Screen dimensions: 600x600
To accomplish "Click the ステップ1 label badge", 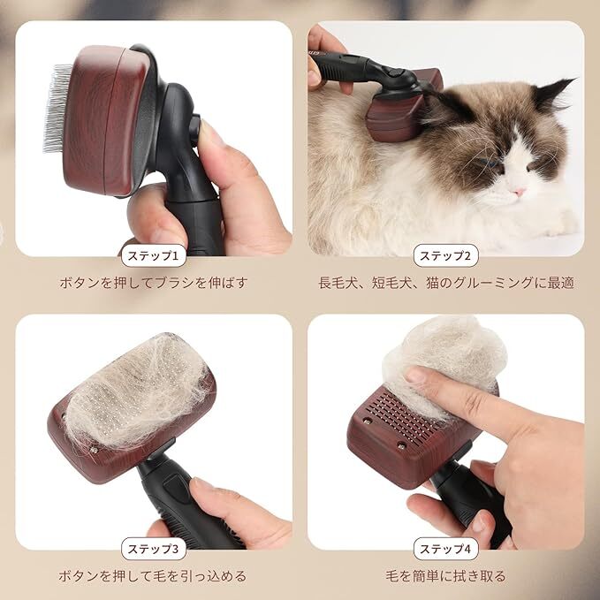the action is [x=154, y=255].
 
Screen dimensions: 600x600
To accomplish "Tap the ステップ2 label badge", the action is [x=445, y=255].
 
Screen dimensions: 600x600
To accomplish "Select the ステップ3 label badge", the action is [x=154, y=549].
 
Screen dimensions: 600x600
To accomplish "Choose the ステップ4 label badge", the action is [x=445, y=549].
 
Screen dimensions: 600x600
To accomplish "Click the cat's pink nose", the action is [x=519, y=192].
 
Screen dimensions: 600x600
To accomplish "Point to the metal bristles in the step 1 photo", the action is [x=57, y=108].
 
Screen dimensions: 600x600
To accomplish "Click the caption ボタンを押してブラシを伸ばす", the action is [x=154, y=283].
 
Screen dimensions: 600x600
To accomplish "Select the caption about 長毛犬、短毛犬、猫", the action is [x=446, y=283].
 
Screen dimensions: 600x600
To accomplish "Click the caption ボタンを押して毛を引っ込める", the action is [x=152, y=576].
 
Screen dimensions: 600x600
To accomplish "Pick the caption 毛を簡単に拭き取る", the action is [x=445, y=576].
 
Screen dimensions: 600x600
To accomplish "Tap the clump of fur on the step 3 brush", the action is [x=138, y=394].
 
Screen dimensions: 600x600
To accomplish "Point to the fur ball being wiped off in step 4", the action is [x=444, y=363].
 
